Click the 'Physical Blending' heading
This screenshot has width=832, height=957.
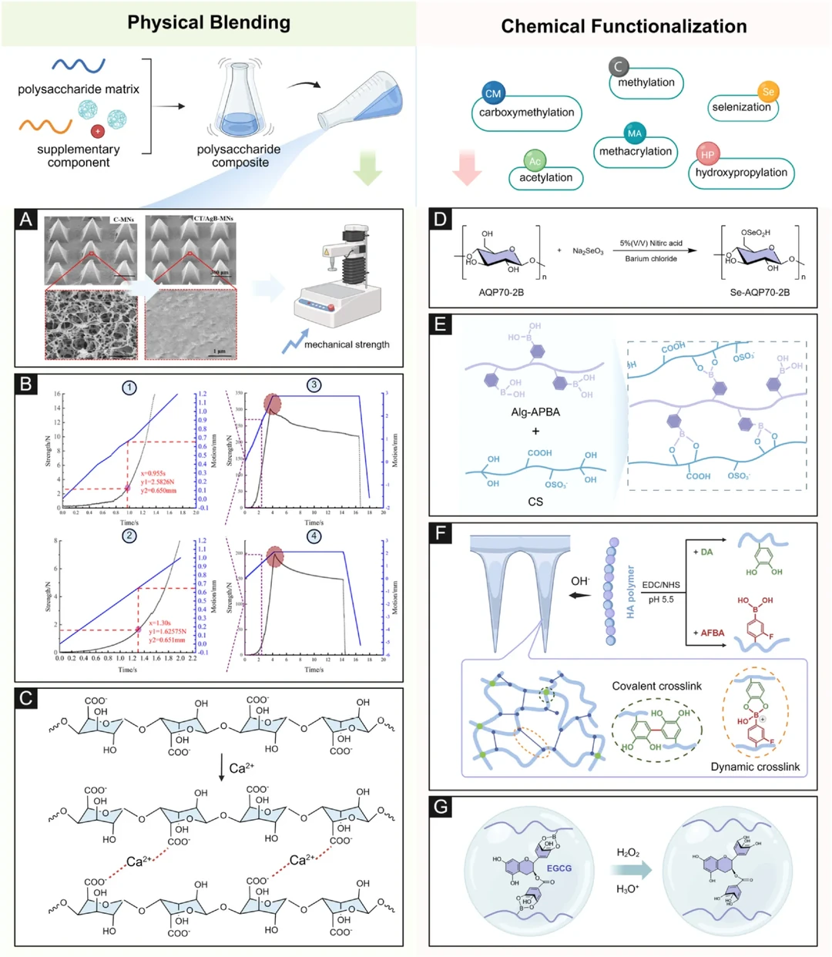209,22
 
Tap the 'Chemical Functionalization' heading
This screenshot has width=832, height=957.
623,26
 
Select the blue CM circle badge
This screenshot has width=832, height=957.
493,93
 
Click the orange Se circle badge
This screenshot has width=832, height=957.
768,92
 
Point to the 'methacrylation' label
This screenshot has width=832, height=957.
636,152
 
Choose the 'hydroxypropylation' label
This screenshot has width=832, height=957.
741,173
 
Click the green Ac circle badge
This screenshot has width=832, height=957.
535,161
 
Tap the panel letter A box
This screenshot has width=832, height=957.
26,220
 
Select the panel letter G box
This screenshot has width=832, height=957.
441,807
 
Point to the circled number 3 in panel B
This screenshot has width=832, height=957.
314,384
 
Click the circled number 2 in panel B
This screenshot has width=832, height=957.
129,536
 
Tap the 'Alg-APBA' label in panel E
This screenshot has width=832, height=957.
535,412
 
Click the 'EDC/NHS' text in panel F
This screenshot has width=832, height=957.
661,585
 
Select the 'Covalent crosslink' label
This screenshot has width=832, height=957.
656,686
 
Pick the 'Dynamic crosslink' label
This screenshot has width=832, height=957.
755,767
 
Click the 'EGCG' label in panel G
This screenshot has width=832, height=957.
559,868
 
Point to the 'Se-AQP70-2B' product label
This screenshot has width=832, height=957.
760,292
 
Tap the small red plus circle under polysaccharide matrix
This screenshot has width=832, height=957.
98,131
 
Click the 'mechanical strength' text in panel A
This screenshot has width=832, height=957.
347,344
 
